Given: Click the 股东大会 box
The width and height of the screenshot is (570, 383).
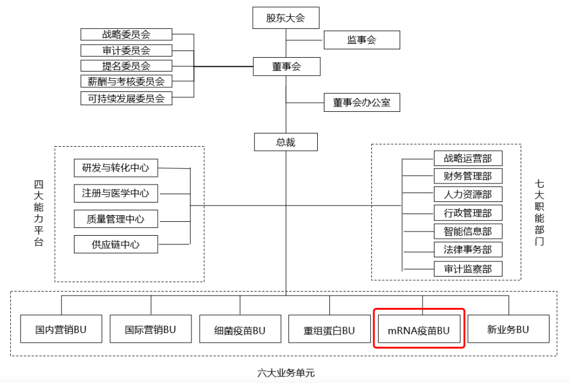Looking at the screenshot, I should click(285, 18).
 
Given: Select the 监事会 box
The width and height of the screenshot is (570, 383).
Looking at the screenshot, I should click(361, 40).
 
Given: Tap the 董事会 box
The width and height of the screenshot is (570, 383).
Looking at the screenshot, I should click(285, 67).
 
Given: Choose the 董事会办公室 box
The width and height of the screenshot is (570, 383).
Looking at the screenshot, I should click(361, 102).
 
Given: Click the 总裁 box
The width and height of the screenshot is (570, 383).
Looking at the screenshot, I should click(285, 142).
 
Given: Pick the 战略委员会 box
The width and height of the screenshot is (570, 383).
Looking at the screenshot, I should click(126, 34).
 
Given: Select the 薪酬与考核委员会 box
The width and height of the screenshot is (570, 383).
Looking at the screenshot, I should click(126, 81).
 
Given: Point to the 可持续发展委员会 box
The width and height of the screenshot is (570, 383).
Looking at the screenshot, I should click(126, 98).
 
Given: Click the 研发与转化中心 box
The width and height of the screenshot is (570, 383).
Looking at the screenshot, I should click(116, 168).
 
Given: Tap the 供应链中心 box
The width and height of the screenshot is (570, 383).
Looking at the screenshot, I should click(116, 244).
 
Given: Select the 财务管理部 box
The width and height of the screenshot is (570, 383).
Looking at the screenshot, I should click(468, 176).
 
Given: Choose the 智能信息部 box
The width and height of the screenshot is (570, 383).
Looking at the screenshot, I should click(468, 231).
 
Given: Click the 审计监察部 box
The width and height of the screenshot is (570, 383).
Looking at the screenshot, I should click(468, 269).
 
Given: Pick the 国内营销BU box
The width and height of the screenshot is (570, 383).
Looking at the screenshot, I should click(61, 329).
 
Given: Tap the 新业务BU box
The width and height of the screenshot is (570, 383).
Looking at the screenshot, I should click(508, 329).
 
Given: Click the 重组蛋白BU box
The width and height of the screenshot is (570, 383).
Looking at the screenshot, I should click(329, 329).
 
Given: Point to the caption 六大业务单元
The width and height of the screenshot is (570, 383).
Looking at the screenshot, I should click(286, 373).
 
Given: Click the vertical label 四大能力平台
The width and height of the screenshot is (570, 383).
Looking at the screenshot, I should click(39, 213).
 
